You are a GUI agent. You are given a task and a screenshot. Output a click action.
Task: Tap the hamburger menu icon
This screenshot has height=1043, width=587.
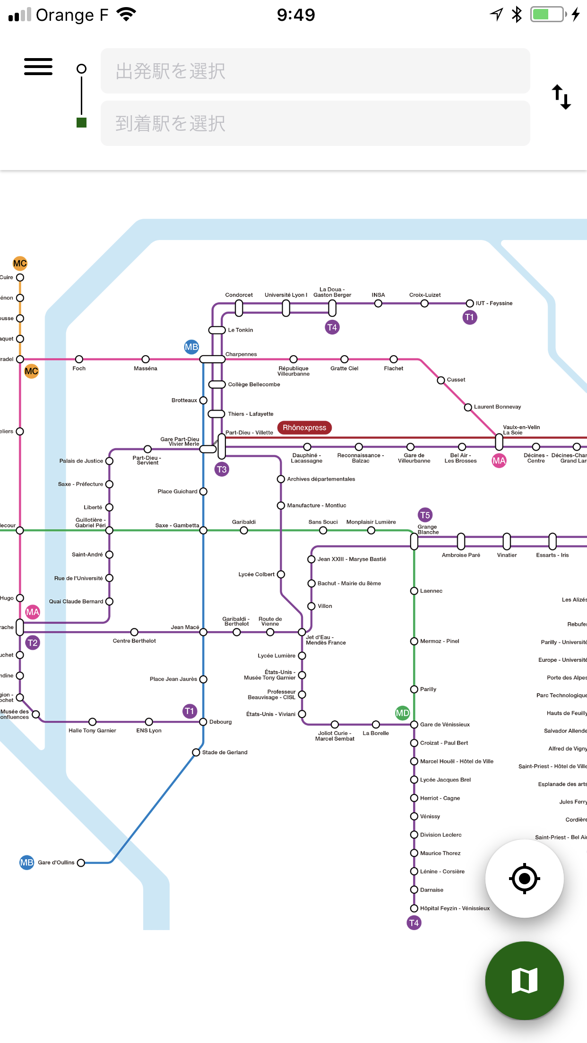38,67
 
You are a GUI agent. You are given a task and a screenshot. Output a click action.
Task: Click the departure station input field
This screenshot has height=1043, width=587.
315,71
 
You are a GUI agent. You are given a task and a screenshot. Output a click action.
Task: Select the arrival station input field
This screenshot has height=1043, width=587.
315,123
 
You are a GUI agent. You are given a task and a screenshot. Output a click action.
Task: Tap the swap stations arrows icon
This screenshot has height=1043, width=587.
561,97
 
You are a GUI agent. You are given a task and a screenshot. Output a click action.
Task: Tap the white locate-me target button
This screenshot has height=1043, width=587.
524,879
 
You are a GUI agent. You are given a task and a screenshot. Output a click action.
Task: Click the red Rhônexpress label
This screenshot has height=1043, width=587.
304,427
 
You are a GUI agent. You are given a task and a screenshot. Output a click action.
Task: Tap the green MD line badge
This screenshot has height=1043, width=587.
402,713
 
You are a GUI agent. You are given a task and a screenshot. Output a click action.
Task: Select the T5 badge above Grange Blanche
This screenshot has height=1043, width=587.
425,515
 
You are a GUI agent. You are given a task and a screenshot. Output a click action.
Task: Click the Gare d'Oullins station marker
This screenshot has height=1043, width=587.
81,863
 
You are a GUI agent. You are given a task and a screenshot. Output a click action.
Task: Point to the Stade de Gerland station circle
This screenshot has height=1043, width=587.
196,752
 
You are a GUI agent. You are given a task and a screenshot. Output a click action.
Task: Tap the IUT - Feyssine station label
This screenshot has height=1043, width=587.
494,303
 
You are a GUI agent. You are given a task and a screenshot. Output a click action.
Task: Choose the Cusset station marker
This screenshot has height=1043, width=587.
441,380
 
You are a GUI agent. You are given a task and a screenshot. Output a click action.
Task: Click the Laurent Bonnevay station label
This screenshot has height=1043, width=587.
497,407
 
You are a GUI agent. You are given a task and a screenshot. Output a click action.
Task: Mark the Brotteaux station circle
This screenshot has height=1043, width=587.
203,400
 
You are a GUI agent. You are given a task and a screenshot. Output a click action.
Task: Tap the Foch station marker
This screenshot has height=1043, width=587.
79,359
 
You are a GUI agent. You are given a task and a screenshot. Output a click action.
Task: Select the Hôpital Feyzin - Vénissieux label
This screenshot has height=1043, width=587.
455,908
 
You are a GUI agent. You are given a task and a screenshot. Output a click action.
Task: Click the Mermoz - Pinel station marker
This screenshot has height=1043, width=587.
414,641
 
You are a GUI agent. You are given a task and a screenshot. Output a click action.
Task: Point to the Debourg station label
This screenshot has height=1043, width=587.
220,722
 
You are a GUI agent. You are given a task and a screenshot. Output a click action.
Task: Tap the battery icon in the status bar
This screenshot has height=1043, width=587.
548,14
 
